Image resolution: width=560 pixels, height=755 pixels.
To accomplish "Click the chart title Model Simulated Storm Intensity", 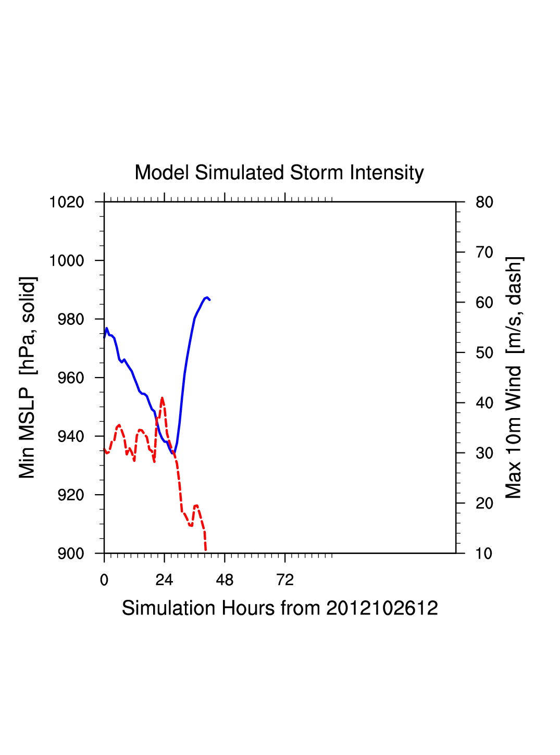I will click(x=279, y=173).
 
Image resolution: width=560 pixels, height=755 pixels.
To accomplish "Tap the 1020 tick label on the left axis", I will click(x=67, y=202).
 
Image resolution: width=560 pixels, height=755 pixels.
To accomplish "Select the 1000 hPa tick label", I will click(x=67, y=260).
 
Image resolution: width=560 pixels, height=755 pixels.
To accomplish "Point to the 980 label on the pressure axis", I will click(x=71, y=319).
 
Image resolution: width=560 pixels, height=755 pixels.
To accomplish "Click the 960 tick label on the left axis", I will click(x=71, y=378).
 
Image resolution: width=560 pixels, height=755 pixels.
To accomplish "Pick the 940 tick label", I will click(x=71, y=436).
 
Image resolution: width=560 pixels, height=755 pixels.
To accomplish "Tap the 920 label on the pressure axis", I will click(x=71, y=495).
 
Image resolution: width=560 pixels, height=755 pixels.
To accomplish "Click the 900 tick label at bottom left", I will click(x=71, y=553).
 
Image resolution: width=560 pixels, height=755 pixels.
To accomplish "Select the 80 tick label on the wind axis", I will click(x=484, y=202).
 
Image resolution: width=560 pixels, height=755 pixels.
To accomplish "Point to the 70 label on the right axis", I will click(x=484, y=253).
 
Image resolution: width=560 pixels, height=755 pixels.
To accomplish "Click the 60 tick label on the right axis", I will click(x=484, y=303).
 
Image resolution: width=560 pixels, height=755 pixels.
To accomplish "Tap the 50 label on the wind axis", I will click(x=484, y=353).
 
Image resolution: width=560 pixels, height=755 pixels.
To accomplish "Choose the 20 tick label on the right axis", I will click(x=484, y=504).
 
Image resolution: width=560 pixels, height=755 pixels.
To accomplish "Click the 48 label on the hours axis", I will click(x=225, y=580).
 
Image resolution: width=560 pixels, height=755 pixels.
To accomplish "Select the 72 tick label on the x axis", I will click(x=285, y=580).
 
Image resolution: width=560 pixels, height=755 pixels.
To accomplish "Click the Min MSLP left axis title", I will click(x=28, y=378).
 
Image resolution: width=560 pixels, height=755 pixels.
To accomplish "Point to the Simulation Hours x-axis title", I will click(x=280, y=608).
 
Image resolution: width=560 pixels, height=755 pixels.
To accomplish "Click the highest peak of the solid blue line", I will click(x=207, y=297).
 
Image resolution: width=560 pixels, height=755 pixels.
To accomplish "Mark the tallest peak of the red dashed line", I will click(x=163, y=398).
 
